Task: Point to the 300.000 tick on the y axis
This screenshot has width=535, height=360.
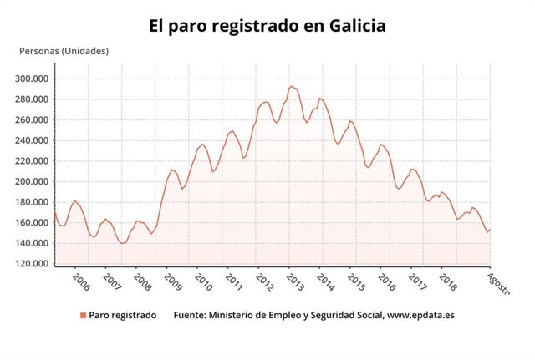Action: [x=32, y=79]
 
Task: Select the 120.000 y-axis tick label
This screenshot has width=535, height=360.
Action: [x=32, y=264]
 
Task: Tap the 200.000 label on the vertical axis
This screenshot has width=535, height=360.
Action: [x=32, y=181]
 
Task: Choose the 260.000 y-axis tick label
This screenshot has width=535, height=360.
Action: [x=32, y=119]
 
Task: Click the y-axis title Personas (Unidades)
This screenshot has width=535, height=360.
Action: [x=64, y=51]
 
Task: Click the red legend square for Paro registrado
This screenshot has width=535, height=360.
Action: [x=83, y=316]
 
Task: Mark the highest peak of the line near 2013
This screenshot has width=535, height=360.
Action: [x=291, y=86]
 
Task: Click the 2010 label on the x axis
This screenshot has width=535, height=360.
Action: [x=201, y=279]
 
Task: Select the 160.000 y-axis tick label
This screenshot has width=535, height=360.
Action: [x=32, y=222]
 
